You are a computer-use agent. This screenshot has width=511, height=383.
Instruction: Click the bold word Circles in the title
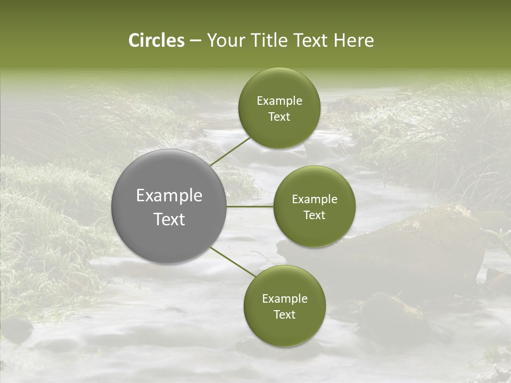[156, 40]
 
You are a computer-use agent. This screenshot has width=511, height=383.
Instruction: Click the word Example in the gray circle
[169, 196]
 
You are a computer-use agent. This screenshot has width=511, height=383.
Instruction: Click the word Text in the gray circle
[169, 219]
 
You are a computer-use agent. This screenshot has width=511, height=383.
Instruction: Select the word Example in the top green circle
[279, 101]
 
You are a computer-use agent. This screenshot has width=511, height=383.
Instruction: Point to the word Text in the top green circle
[279, 117]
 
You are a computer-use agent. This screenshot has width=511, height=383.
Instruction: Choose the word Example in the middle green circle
[314, 199]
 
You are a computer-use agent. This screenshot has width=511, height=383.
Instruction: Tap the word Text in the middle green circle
[314, 215]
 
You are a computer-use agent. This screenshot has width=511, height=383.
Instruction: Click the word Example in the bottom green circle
[284, 299]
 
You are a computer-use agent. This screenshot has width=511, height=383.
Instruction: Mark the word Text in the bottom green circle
[284, 314]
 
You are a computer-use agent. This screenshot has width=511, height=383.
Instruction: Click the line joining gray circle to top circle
[230, 151]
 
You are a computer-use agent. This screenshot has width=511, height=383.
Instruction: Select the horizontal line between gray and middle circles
[250, 206]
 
